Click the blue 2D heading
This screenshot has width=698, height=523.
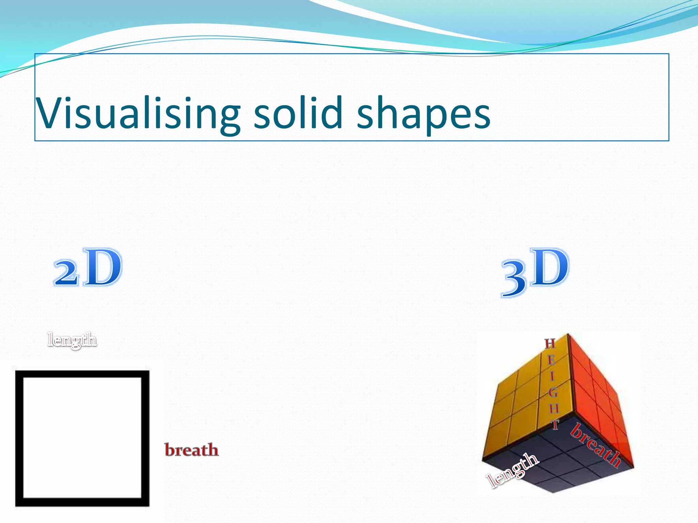(88, 268)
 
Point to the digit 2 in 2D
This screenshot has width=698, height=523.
(66, 273)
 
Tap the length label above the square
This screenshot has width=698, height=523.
(72, 340)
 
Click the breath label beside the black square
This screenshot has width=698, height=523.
(192, 450)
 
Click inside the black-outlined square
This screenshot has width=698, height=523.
(82, 438)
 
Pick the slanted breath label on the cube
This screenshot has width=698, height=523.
(596, 445)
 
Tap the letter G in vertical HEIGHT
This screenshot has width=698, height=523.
(553, 393)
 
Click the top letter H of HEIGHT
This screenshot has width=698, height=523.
(550, 344)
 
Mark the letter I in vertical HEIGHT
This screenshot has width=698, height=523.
(552, 376)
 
